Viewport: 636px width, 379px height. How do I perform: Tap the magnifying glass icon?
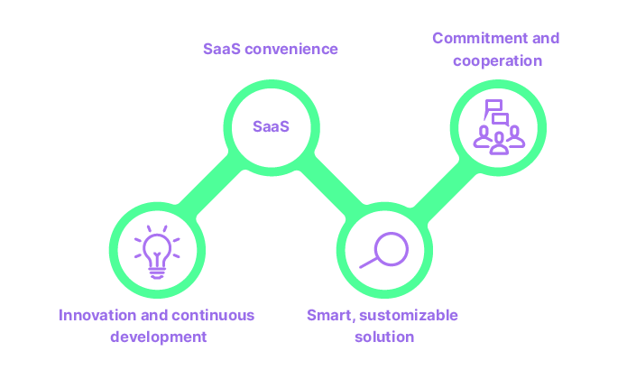point(384,249)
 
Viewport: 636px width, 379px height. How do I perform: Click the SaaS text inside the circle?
point(271,126)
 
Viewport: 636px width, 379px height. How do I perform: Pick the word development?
point(158,337)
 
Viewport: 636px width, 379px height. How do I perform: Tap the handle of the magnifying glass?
point(368,263)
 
